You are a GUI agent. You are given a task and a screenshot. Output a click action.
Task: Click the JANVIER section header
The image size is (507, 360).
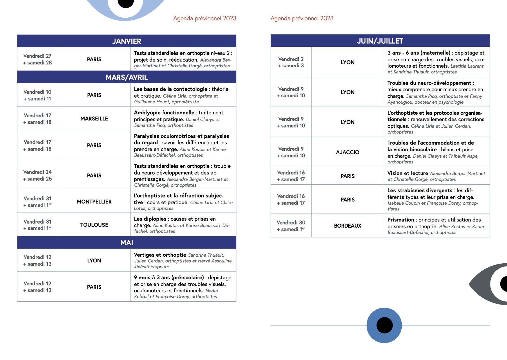[127, 41]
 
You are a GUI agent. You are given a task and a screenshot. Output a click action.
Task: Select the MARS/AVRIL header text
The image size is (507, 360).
[127, 77]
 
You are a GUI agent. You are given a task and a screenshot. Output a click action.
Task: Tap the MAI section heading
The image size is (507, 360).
[127, 243]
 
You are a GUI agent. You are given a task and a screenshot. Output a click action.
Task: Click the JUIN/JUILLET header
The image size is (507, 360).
[380, 41]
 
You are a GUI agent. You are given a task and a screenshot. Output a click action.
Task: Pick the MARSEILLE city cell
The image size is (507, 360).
[94, 118]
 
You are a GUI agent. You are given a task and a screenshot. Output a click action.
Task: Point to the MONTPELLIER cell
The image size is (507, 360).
[94, 201]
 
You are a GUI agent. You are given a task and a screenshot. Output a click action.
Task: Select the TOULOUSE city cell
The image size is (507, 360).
[94, 225]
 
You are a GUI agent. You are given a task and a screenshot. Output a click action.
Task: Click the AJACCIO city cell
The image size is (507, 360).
[347, 152]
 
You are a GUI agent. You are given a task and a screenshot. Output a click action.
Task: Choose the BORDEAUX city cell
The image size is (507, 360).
[347, 226]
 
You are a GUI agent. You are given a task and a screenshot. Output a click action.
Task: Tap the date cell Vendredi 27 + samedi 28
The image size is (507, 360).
[37, 59]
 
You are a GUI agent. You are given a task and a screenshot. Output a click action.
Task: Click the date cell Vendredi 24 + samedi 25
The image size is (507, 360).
[37, 175]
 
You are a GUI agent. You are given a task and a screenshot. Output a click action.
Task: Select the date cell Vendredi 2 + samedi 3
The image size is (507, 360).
[291, 62]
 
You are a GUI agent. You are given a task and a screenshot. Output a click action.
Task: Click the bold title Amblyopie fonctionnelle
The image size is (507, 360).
[164, 113]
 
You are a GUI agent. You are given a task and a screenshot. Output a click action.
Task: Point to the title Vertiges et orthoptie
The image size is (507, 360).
[160, 255]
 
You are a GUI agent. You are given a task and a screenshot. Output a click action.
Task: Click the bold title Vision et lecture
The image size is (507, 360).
[408, 173]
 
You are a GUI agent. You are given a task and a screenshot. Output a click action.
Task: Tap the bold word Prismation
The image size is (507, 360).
[401, 220]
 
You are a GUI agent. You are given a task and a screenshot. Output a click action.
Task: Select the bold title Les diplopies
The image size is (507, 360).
[150, 219]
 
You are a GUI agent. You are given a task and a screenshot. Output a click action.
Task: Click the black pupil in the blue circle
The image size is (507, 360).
[384, 325]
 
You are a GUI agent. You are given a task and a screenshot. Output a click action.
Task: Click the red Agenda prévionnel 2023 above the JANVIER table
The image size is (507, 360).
[204, 18]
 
